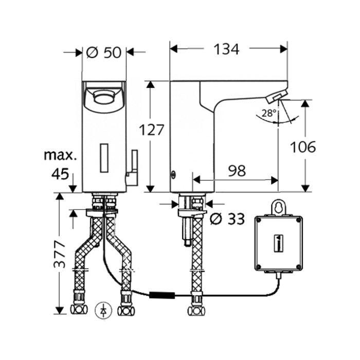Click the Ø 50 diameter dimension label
click(104, 52)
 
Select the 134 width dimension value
click(226, 49)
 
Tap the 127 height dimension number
click(152, 130)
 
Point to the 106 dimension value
click(303, 147)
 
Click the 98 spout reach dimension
click(237, 171)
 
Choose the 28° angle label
click(269, 113)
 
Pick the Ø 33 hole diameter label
click(227, 219)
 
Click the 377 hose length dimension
click(60, 255)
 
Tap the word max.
click(60, 155)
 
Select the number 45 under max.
click(60, 174)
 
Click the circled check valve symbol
click(103, 311)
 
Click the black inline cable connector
click(162, 295)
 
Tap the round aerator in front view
click(103, 98)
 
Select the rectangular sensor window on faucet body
click(104, 158)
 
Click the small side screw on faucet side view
click(173, 175)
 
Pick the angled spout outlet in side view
click(277, 97)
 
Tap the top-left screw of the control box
click(259, 220)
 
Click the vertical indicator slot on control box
click(278, 243)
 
